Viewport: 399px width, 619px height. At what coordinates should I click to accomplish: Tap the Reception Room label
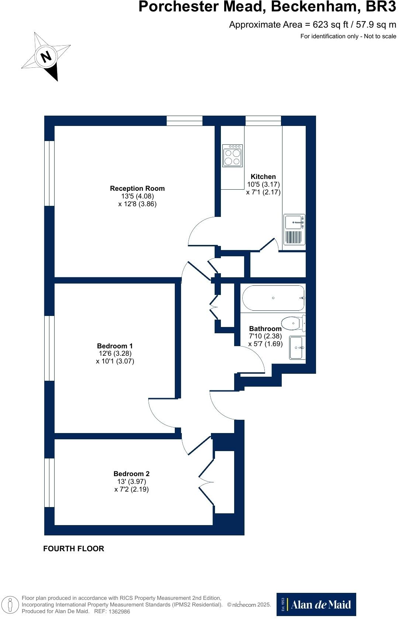pos(137,188)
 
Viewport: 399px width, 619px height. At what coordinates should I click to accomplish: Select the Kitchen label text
pos(263,176)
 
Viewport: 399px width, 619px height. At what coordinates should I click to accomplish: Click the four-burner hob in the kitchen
pos(232,155)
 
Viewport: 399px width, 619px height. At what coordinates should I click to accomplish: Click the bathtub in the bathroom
pos(273,298)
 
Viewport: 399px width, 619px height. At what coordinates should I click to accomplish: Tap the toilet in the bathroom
pos(295,323)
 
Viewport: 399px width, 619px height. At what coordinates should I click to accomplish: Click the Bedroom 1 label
pos(115,346)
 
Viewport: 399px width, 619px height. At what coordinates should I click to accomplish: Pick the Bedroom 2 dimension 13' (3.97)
pos(132,482)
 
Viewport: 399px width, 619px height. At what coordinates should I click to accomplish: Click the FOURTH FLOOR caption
pos(74,549)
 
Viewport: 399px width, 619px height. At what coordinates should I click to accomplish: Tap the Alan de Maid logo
pos(316,604)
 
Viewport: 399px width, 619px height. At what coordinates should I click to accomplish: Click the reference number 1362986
pos(118,611)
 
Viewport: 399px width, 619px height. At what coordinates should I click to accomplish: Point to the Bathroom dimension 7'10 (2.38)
pos(265,336)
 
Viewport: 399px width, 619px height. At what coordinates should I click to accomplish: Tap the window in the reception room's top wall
pos(184,120)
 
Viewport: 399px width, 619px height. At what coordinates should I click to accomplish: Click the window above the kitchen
pos(263,120)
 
